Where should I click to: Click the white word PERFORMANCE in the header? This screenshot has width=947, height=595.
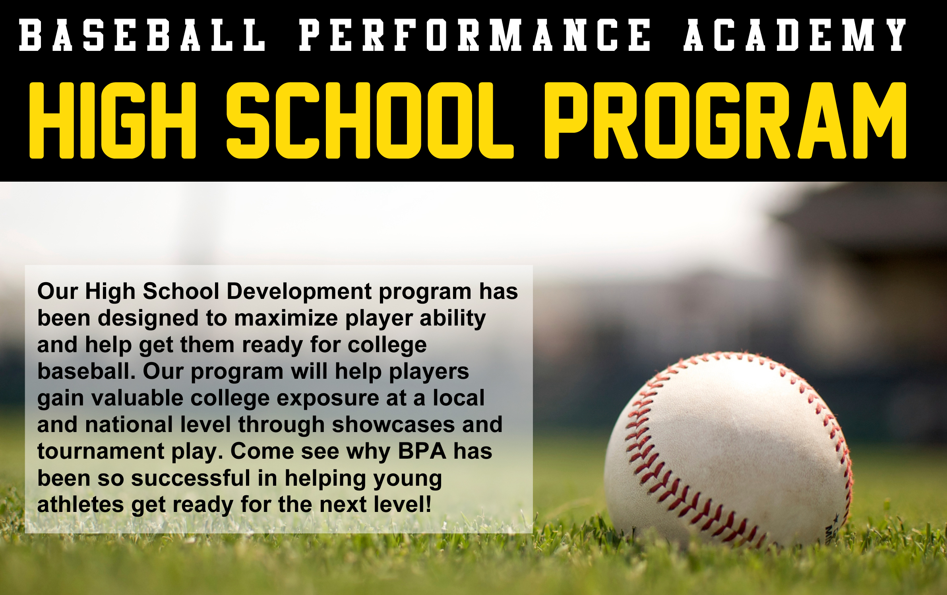(x=474, y=35)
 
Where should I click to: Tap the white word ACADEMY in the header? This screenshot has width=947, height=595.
(x=794, y=35)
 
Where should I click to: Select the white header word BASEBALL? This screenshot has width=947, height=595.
(x=142, y=35)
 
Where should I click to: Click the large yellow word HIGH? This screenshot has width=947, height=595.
(x=113, y=120)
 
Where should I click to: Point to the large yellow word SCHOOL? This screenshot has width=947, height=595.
(x=370, y=120)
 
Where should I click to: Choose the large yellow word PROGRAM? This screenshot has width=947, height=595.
(x=725, y=120)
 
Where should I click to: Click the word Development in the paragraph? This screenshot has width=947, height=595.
(x=299, y=292)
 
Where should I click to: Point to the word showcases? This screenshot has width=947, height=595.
(x=393, y=424)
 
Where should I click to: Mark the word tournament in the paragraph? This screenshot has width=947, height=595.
(x=101, y=452)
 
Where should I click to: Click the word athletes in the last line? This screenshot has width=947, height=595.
(x=81, y=504)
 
